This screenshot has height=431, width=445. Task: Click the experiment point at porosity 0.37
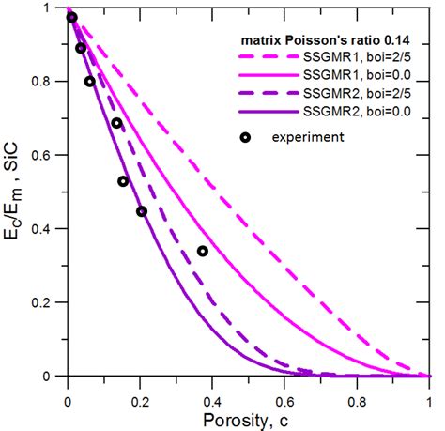pos(203,251)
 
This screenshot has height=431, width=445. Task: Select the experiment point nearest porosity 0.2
pos(142,211)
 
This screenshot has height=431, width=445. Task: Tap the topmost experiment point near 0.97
pos(71,18)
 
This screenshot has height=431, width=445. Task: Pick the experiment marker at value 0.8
pos(90,82)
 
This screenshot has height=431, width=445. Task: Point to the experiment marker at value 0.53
pos(123,181)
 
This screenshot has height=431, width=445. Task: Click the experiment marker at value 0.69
pos(117,123)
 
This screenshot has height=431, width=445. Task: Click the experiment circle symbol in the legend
pos(245,137)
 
